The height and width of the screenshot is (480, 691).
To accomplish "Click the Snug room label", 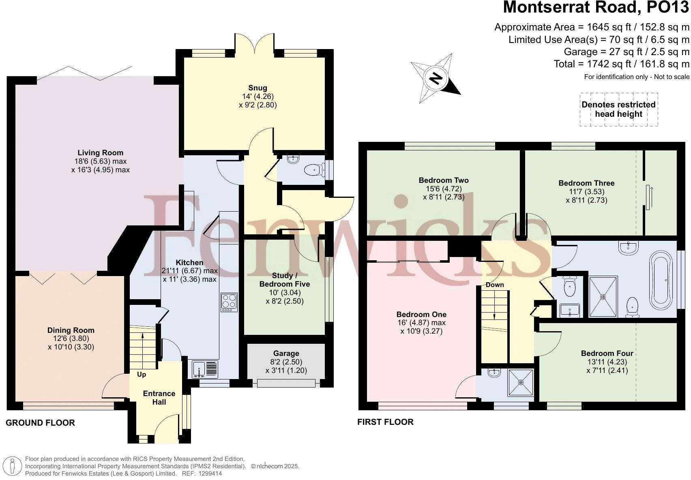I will tap(258, 88).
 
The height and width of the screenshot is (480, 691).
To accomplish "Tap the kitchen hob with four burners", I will tap(229, 302).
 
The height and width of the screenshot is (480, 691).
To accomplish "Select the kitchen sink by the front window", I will tap(206, 369).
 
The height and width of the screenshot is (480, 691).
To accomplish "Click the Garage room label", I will tap(286, 354).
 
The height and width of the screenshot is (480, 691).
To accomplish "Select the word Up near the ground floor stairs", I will tap(141, 374).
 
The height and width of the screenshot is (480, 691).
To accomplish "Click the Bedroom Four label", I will tap(607, 354).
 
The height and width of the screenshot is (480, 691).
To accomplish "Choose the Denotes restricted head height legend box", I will tap(618, 109).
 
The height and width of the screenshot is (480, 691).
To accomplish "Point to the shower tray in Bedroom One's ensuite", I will tap(521, 382).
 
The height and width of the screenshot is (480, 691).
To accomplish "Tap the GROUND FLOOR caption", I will tap(40, 423).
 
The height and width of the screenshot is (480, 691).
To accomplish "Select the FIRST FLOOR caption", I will tap(385, 422).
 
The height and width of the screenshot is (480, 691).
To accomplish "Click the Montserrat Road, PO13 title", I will tap(596, 8).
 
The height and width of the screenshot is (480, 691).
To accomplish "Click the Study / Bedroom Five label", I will tap(284, 280).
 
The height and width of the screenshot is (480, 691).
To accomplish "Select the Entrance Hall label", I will tap(159, 398).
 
